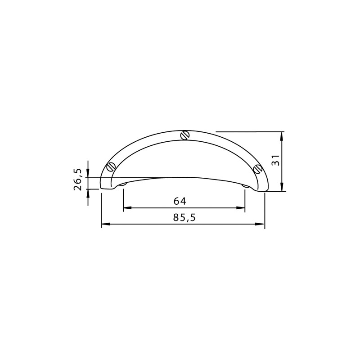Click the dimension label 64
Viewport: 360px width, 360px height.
[x=180, y=201]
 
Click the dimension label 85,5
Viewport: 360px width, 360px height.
[x=184, y=217]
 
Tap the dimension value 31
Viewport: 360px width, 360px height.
[x=276, y=160]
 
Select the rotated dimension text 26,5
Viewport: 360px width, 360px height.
[x=77, y=179]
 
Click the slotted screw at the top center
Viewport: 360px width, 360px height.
[x=185, y=135]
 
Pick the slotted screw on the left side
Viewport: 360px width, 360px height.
[x=111, y=166]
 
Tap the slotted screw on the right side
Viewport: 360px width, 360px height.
[x=258, y=169]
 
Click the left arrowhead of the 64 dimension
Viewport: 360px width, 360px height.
[x=127, y=208]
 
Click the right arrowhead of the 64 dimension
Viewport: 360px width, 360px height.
[x=241, y=208]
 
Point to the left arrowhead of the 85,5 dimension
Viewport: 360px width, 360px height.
[x=106, y=224]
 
